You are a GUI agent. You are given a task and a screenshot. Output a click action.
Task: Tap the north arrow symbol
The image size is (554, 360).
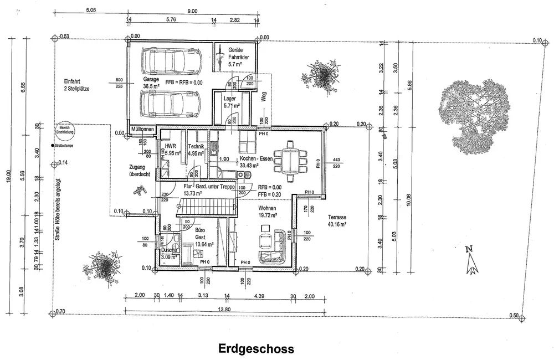tap(471, 260)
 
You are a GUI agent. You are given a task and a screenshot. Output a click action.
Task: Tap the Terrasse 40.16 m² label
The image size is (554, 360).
tap(336, 221)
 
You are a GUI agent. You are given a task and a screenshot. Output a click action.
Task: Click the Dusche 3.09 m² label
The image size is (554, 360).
tap(170, 253)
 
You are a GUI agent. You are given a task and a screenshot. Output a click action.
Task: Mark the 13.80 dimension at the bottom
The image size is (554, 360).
tap(224, 308)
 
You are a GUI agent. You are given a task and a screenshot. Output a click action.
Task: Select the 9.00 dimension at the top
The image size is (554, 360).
tap(192, 11)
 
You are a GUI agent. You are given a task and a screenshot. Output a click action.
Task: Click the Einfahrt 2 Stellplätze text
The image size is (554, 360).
tap(77, 85)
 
